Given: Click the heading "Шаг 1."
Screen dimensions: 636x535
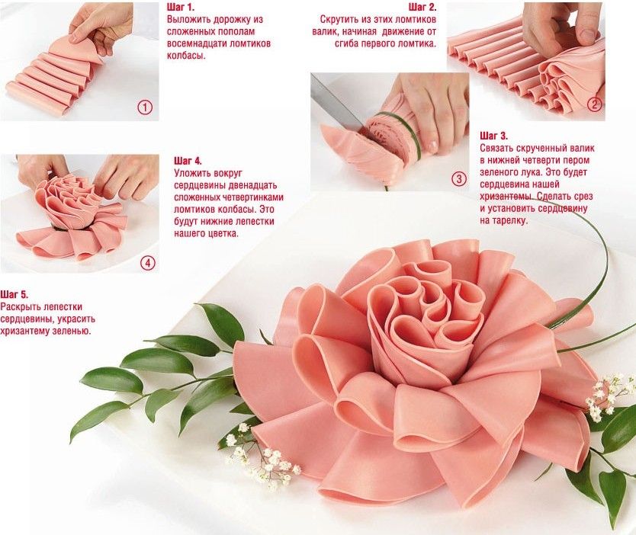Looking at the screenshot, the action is point(181,7).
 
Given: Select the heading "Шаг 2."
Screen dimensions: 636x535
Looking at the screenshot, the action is point(422,7).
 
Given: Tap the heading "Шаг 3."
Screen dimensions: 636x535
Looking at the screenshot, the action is point(493,136).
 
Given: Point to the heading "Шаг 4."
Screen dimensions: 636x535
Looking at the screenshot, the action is point(188,161).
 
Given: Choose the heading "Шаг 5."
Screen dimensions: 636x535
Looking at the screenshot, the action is point(14,294).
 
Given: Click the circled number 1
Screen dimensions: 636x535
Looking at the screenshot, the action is point(145,107).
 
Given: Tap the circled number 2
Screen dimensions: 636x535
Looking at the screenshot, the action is point(594,105).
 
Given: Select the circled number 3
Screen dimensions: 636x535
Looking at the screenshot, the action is point(459,179).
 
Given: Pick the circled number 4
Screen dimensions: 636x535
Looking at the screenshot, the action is point(148,264).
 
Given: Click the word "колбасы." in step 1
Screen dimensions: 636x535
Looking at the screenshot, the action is point(186,56).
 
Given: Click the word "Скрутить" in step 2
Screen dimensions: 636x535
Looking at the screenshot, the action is point(337,19).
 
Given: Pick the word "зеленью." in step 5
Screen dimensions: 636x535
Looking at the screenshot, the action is point(72,331).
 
